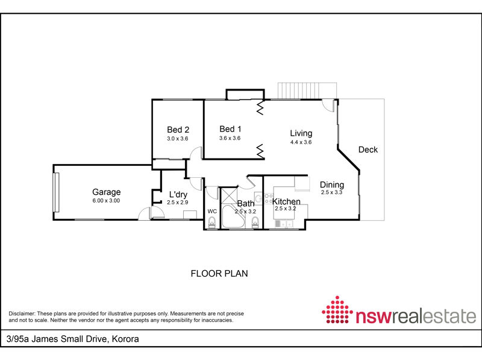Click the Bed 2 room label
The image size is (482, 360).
click(x=178, y=130)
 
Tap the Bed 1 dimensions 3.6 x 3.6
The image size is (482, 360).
click(x=230, y=138)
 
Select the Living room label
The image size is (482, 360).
click(x=301, y=133)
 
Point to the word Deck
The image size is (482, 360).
click(x=368, y=150)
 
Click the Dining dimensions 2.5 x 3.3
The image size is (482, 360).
click(x=332, y=192)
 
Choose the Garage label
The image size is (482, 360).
click(x=107, y=192)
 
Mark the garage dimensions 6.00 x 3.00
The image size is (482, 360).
click(x=106, y=201)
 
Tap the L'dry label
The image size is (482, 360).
click(x=178, y=194)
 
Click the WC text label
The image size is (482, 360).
click(x=212, y=212)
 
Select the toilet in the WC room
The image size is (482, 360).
click(x=212, y=222)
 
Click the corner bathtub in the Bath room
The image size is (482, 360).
click(x=233, y=217)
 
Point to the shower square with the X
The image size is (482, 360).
click(x=230, y=196)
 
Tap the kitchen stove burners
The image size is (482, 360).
click(x=268, y=198)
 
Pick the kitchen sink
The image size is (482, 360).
click(x=284, y=224)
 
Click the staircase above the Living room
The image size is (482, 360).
click(x=307, y=91)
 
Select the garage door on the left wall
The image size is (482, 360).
click(x=56, y=192)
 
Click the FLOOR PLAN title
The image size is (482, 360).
click(x=219, y=274)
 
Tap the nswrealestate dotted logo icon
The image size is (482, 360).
click(x=337, y=310)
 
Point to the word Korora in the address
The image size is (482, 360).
click(x=125, y=339)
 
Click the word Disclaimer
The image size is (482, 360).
click(x=22, y=314)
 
